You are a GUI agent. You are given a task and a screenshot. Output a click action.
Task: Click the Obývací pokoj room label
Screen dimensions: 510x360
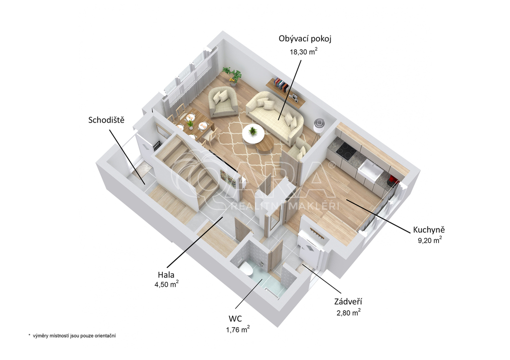305,39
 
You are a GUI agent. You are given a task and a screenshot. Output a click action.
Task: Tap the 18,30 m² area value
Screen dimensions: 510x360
303,51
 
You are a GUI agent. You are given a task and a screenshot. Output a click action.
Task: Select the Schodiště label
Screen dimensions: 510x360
107,120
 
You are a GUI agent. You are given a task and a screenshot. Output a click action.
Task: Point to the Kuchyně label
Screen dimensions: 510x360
429,230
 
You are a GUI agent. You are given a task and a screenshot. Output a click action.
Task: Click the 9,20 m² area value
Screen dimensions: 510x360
430,240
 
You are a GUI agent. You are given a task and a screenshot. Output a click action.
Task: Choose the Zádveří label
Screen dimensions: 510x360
348,301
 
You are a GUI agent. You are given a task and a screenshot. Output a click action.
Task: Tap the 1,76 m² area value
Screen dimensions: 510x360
238,330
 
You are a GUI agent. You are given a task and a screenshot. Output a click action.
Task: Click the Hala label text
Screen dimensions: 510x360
166,275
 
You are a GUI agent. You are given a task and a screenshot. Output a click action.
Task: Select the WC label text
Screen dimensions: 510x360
235,319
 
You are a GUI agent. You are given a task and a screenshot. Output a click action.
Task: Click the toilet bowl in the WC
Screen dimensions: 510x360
247,269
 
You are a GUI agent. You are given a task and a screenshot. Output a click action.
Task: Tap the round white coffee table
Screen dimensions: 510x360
253,133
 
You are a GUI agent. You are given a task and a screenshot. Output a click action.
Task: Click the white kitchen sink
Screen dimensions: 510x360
370,171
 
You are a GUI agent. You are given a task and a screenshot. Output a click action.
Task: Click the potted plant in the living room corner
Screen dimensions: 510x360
232,76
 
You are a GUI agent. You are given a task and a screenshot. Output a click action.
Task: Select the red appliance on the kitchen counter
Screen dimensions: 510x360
392,179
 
